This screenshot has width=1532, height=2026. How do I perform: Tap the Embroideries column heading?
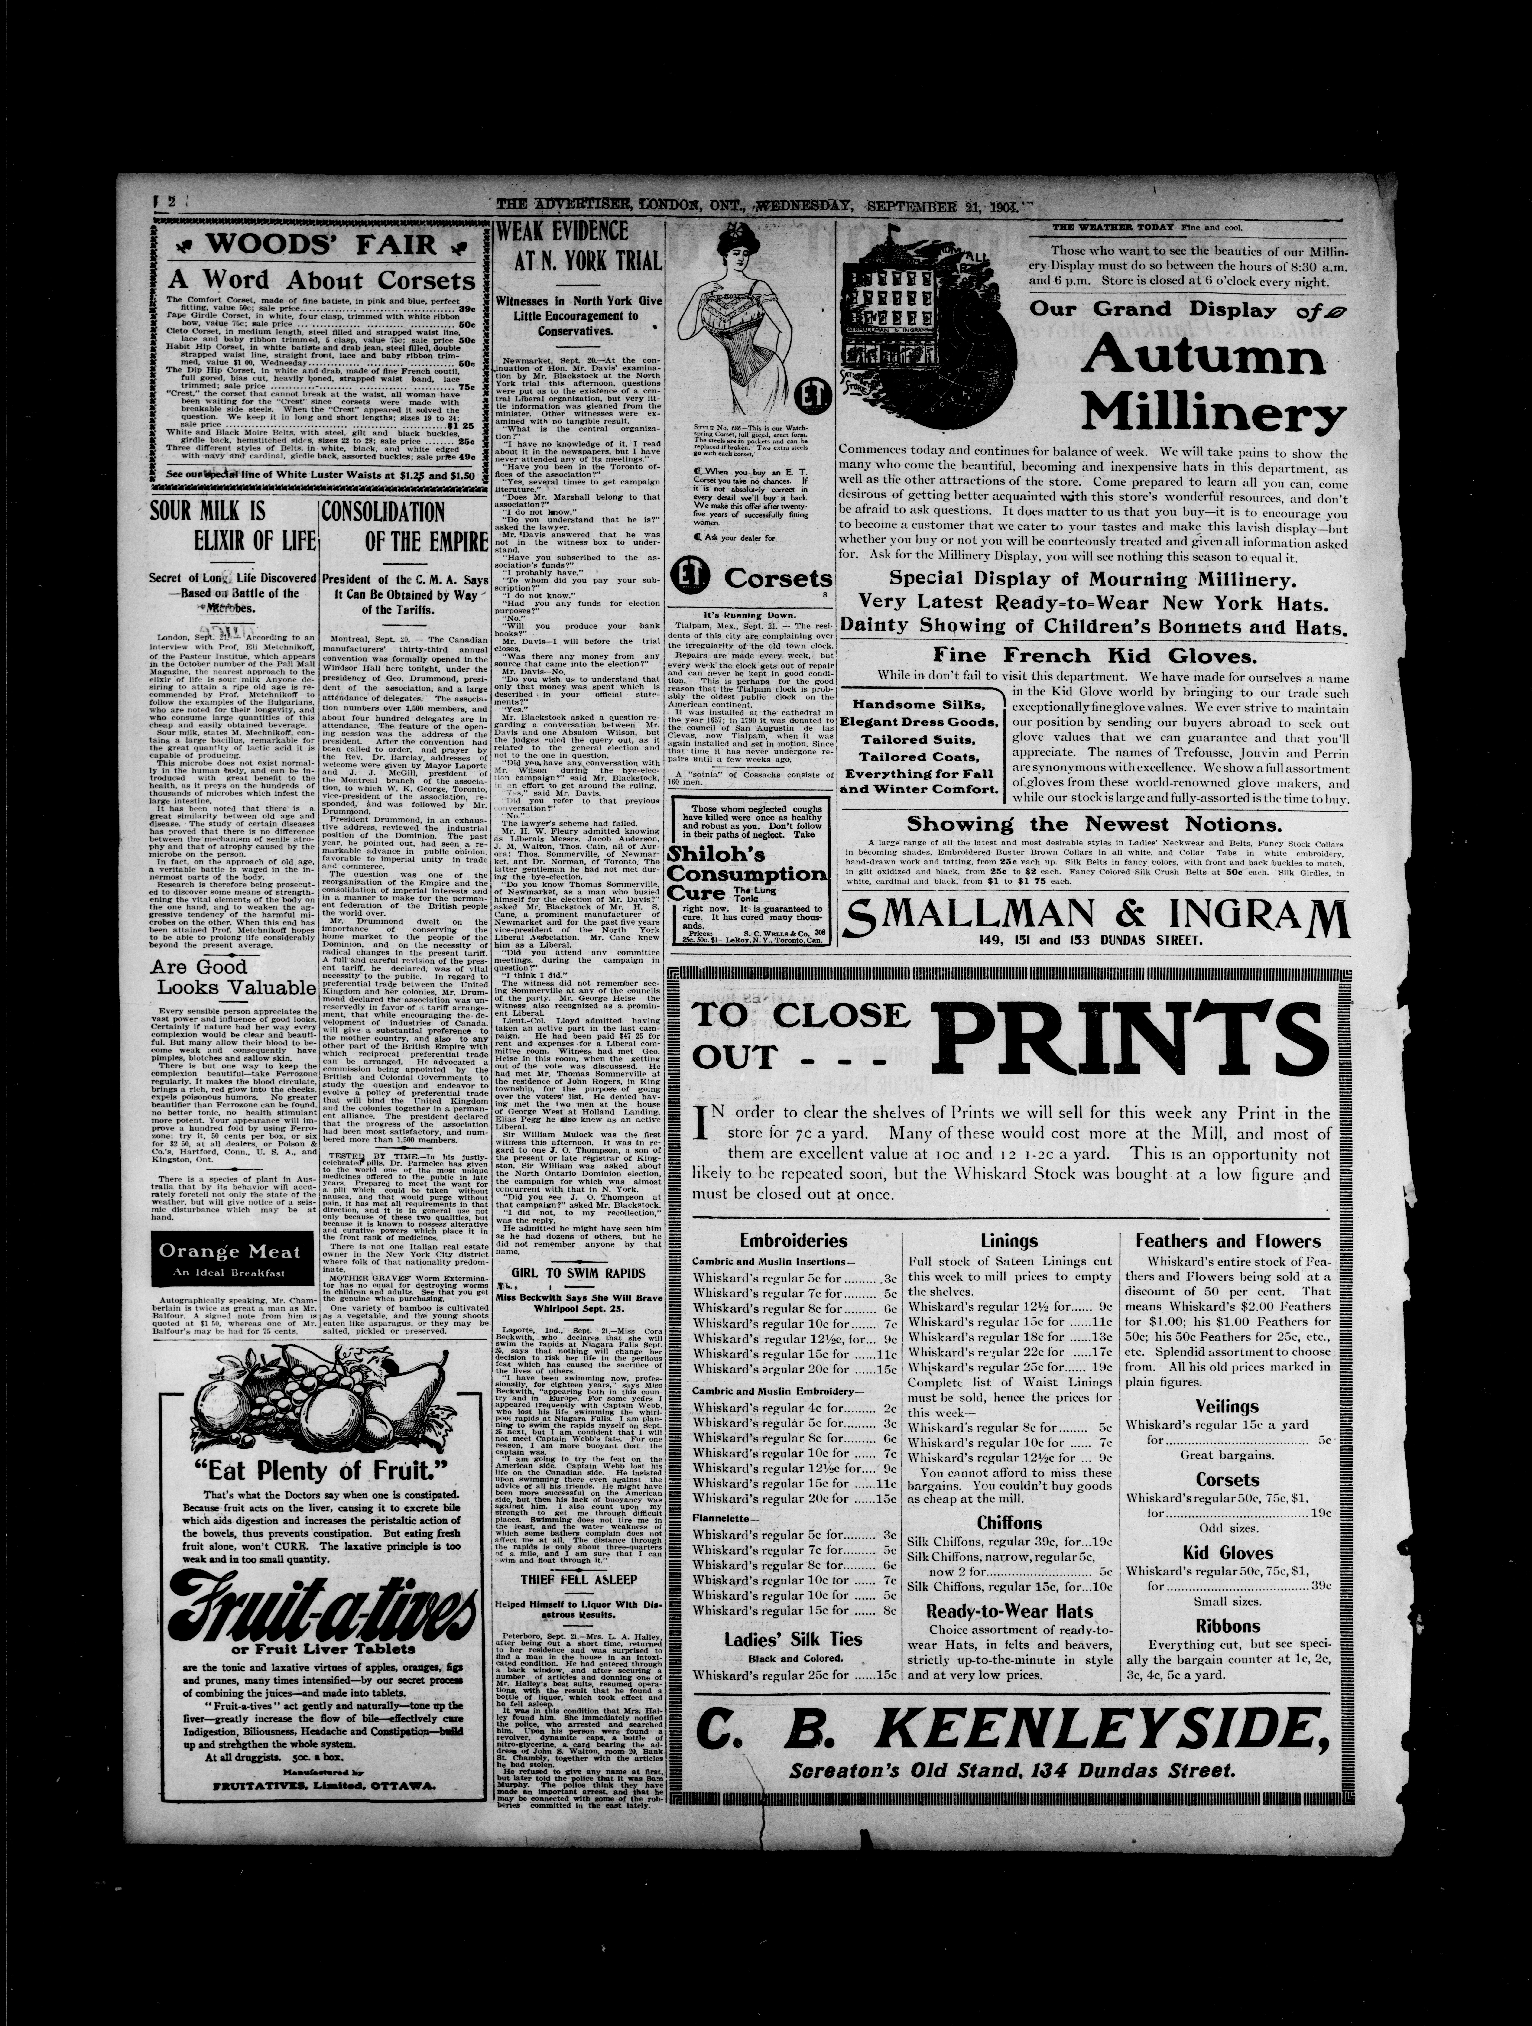tap(793, 1241)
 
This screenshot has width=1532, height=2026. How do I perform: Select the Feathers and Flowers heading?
tap(1227, 1241)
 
